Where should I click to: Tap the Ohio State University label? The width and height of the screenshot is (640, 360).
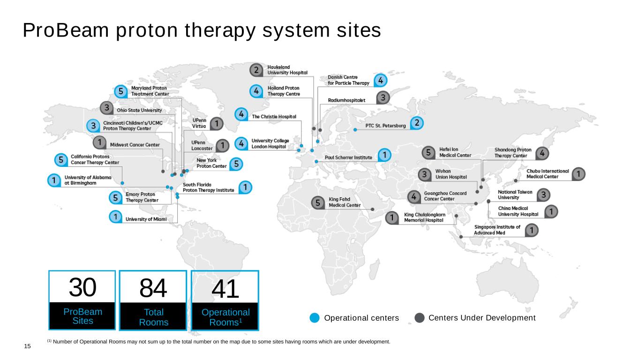(x=139, y=110)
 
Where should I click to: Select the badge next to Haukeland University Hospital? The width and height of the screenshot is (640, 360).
(x=256, y=70)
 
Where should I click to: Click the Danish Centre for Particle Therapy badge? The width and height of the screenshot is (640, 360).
(x=381, y=80)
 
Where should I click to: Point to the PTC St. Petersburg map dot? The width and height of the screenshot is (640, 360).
(x=355, y=130)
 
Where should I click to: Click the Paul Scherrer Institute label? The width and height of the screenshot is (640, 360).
(x=348, y=157)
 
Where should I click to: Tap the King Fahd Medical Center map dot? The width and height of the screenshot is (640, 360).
(x=373, y=210)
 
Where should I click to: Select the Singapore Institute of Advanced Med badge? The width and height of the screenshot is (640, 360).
(x=531, y=230)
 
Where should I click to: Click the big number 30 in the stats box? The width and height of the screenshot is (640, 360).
(x=83, y=287)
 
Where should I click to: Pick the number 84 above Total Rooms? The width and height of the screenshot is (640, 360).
(x=153, y=288)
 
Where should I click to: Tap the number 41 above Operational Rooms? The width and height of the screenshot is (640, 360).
(x=225, y=289)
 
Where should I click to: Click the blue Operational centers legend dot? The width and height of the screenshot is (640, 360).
(x=315, y=318)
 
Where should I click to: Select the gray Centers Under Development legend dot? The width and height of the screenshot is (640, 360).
(x=420, y=318)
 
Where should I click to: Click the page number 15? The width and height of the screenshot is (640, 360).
(x=27, y=346)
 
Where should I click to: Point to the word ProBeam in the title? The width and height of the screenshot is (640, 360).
(x=66, y=30)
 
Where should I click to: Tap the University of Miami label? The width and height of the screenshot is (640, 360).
(x=146, y=219)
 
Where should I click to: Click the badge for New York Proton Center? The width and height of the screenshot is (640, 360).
(x=236, y=164)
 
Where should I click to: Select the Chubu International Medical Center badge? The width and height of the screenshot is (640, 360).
(x=579, y=174)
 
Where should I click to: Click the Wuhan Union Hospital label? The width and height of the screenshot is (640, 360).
(x=451, y=174)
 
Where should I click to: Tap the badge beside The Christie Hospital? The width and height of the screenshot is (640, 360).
(x=241, y=114)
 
